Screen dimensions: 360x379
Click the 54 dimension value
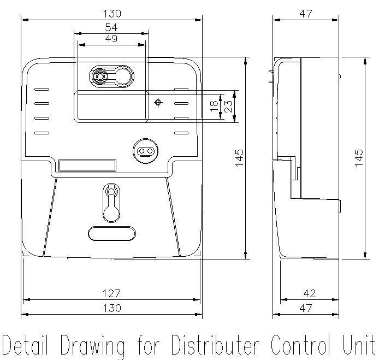pyautogui.click(x=111, y=27)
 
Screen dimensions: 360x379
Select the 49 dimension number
pyautogui.click(x=111, y=38)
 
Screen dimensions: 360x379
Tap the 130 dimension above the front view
pyautogui.click(x=111, y=13)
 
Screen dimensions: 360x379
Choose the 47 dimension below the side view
pyautogui.click(x=306, y=308)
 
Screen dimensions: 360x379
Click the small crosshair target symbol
pyautogui.click(x=158, y=102)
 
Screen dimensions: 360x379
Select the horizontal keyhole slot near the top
pyautogui.click(x=111, y=76)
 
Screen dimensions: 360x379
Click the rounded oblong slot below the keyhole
pyautogui.click(x=111, y=233)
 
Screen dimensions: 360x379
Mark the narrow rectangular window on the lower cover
pyautogui.click(x=87, y=166)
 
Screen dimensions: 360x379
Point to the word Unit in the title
pyautogui.click(x=358, y=346)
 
